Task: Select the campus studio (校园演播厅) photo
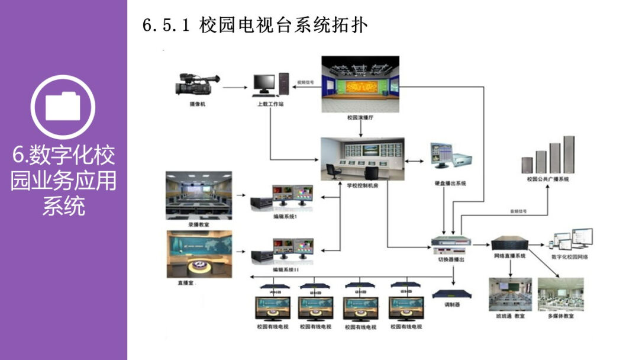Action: (x=360, y=83)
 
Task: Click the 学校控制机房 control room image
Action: (x=362, y=159)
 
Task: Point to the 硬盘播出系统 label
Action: (x=450, y=184)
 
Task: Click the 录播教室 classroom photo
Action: (x=199, y=195)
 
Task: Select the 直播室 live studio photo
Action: (x=199, y=254)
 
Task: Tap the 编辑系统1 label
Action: (x=285, y=218)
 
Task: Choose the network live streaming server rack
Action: (x=509, y=242)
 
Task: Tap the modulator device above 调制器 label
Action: (x=452, y=294)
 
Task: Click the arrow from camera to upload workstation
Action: (x=233, y=88)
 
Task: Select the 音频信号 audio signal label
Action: (x=518, y=211)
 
